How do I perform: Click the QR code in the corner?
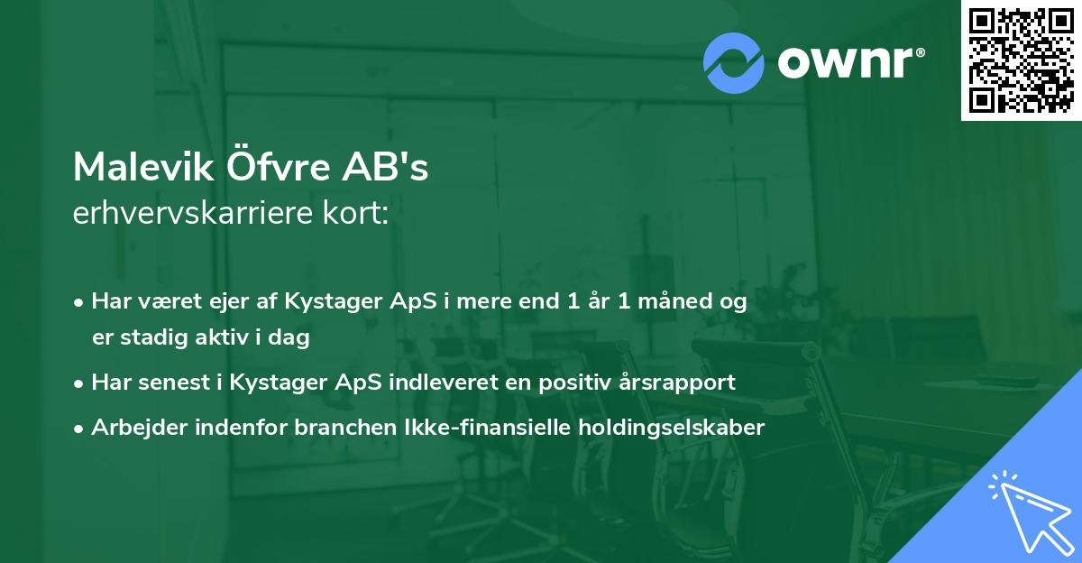pyautogui.click(x=1021, y=60)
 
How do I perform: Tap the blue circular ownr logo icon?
pyautogui.click(x=733, y=63)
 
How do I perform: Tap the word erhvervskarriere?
pyautogui.click(x=188, y=213)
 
